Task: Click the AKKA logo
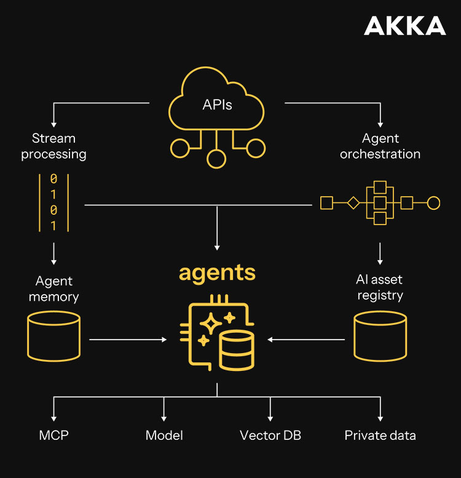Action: tap(404, 26)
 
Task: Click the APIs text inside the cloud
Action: tap(217, 105)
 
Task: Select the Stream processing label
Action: tap(54, 146)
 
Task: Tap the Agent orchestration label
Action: tap(380, 146)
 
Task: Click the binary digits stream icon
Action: tap(53, 202)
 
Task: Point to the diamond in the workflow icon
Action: tap(353, 202)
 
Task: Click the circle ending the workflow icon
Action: tap(433, 202)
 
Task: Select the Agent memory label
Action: tap(54, 289)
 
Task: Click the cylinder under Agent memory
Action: tap(54, 335)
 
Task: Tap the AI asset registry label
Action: tap(380, 287)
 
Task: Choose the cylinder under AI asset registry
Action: tap(380, 335)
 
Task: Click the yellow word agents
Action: tap(217, 272)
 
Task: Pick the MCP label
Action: tap(54, 436)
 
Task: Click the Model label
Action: tap(164, 436)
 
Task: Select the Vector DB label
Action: tap(270, 436)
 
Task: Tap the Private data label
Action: tap(380, 436)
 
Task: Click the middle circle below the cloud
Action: tap(216, 159)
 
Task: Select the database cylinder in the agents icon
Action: tap(236, 349)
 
